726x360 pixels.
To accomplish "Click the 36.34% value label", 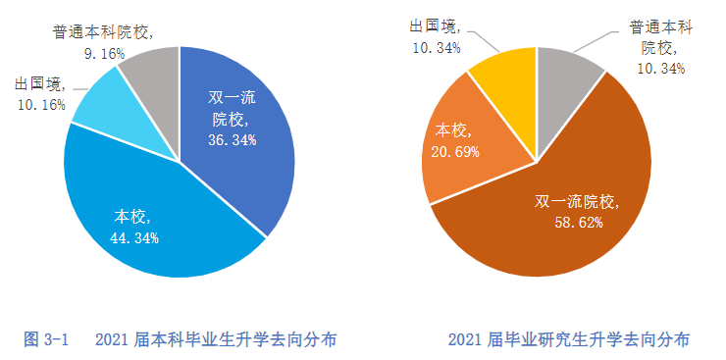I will point(233,140).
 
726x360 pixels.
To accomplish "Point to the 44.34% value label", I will point(135,237).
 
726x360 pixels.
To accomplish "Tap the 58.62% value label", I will point(578,223).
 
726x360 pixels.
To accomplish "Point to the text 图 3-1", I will point(45,339).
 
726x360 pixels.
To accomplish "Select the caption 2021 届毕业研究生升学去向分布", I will point(569,339).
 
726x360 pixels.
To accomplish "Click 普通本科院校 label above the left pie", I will point(102,32).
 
